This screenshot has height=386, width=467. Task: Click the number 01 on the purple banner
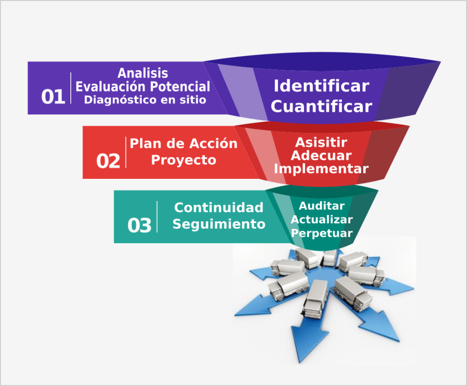[53, 97]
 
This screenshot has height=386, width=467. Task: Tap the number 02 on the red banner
[108, 161]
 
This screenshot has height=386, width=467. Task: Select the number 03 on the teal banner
[139, 225]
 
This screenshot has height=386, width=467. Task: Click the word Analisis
[143, 73]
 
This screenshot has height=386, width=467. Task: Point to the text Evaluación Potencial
[143, 86]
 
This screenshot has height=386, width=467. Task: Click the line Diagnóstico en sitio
[143, 99]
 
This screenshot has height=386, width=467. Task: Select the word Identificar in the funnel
[321, 86]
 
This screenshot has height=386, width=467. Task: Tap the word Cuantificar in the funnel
[321, 106]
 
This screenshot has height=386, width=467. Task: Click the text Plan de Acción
[183, 144]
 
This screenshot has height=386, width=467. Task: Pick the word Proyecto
[183, 160]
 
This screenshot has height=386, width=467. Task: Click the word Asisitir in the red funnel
[321, 142]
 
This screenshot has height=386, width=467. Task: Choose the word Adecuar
[321, 156]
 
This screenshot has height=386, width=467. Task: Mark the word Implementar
[321, 169]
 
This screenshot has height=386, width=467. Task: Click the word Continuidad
[218, 208]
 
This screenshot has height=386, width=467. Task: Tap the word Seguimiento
[218, 224]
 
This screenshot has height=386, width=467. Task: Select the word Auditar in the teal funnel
[322, 206]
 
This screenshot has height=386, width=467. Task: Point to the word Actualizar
[322, 219]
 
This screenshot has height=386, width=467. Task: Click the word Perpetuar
[322, 233]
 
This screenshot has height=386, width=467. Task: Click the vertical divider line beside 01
[71, 88]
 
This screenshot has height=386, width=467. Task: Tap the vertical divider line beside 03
[157, 217]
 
